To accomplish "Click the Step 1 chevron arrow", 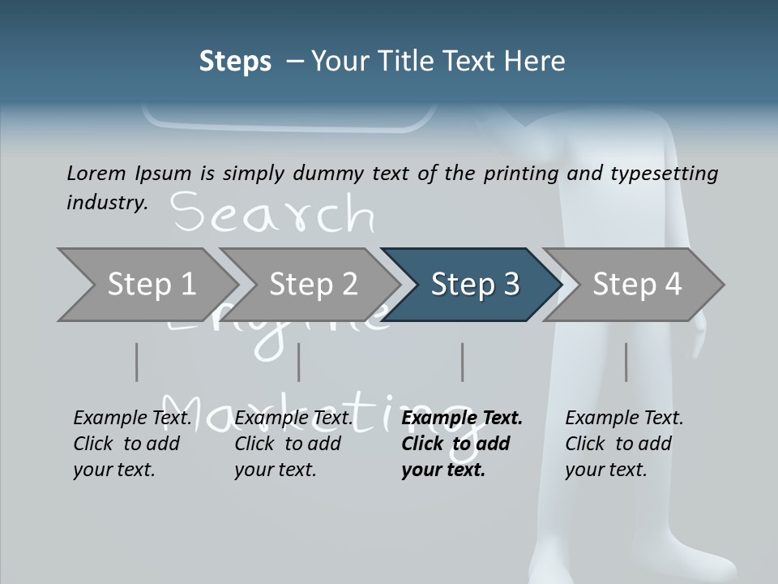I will coord(151,284).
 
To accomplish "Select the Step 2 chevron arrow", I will coord(313,284).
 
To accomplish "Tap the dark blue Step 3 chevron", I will coord(475,284).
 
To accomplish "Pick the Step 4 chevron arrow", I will coord(637,284).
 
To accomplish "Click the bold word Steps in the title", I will coord(235,62).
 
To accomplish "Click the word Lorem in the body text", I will coord(96,174).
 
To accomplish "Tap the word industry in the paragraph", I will coord(106,203).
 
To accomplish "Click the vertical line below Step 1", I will coord(136,362).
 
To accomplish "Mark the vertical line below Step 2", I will coord(299,362).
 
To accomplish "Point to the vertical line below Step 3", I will coord(463,362).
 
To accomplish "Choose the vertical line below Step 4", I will coord(626,362).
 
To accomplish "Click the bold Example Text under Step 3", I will coord(462,418).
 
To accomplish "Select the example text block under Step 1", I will coord(132,444).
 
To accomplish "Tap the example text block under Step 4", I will coord(624,444).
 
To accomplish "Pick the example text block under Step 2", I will coord(293,444).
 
